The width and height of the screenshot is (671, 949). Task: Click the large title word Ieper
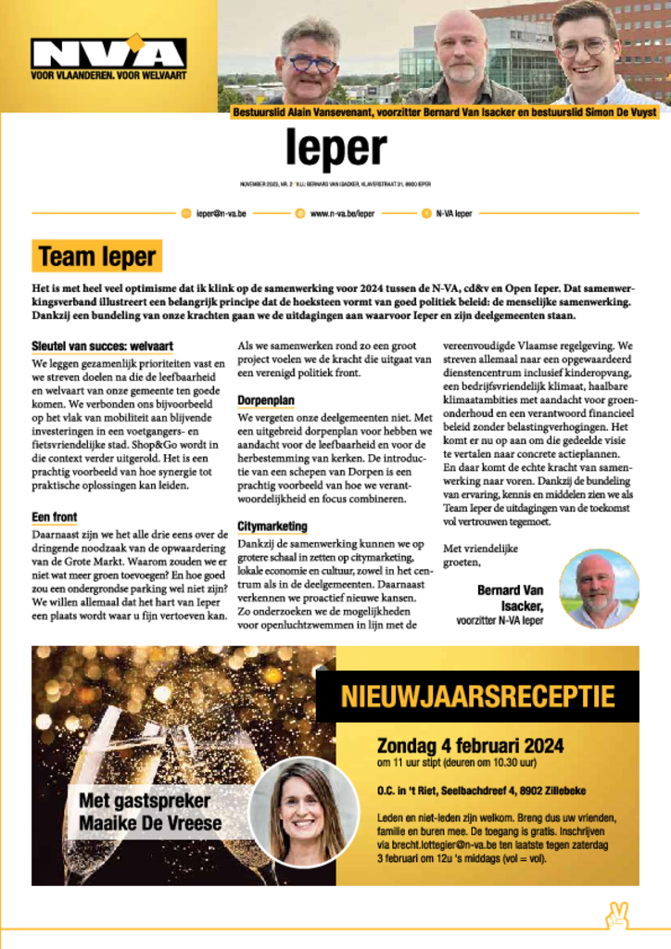tap(335, 151)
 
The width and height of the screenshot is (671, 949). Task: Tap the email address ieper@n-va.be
tap(220, 213)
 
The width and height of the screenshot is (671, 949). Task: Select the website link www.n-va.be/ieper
tap(342, 213)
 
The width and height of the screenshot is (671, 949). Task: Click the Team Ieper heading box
tap(96, 256)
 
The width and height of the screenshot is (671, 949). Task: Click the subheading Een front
tap(54, 517)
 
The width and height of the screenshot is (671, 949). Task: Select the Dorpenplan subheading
tap(266, 400)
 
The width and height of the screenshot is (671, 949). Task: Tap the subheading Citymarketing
tap(272, 526)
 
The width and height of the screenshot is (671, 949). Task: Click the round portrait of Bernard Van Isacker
tap(599, 588)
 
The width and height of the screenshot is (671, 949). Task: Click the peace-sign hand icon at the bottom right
tap(616, 916)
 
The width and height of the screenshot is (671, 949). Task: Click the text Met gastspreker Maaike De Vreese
tap(144, 810)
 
